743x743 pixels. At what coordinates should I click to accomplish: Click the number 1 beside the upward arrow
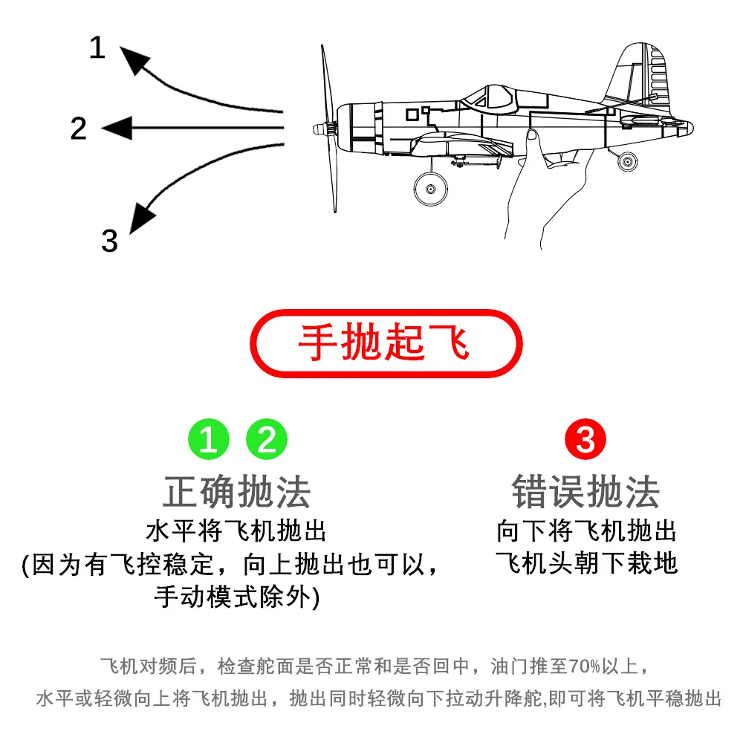tap(97, 48)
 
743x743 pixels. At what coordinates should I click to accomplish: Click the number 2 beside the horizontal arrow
tap(79, 129)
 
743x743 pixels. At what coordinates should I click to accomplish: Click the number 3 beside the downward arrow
tap(109, 241)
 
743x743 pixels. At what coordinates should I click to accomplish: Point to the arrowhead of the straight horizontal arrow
tap(116, 129)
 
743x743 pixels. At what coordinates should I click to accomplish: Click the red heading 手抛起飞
tap(384, 343)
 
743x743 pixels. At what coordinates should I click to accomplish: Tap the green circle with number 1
tap(209, 441)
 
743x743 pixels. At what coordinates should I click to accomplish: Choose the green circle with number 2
tap(267, 441)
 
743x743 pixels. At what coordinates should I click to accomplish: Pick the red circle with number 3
tap(585, 441)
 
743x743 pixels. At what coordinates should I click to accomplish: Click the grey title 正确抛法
tap(236, 491)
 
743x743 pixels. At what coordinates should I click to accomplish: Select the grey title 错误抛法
tap(585, 491)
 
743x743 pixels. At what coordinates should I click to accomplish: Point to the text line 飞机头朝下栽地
tap(586, 562)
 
